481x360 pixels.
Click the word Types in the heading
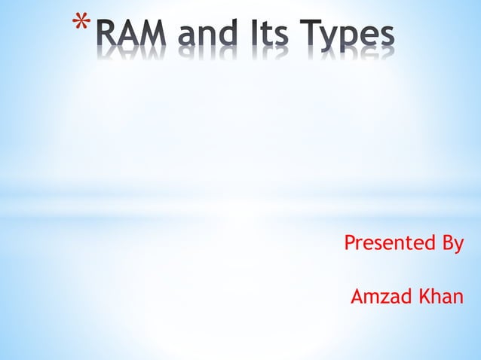point(348,36)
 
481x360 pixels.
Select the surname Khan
point(440,297)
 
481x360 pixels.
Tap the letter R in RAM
point(109,35)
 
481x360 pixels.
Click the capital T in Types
point(312,35)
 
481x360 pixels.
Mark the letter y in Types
point(335,40)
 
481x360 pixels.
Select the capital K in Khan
point(423,297)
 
